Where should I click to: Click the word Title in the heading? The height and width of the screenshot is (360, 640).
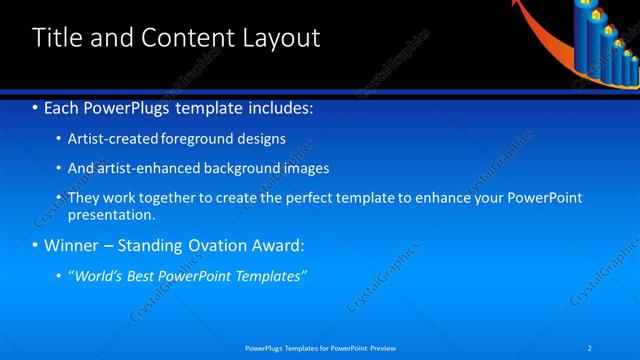57,38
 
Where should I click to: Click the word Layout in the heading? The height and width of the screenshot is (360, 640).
282,38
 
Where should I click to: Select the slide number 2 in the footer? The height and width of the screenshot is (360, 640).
591,347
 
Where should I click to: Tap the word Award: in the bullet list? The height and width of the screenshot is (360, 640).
274,245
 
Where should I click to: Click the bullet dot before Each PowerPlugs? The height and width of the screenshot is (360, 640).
36,107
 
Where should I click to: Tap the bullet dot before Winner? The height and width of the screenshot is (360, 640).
36,245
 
